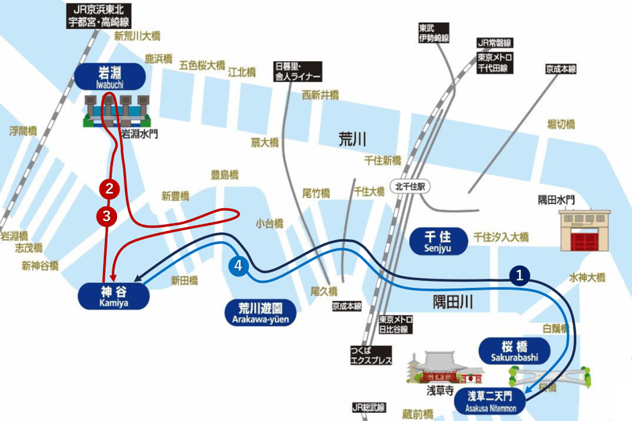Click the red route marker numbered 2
click(x=110, y=187)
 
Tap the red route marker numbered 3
click(x=107, y=216)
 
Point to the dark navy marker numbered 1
click(x=520, y=274)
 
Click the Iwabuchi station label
click(x=110, y=76)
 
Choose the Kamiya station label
click(x=114, y=295)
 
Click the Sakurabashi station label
click(x=514, y=351)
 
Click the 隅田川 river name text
click(x=452, y=301)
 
